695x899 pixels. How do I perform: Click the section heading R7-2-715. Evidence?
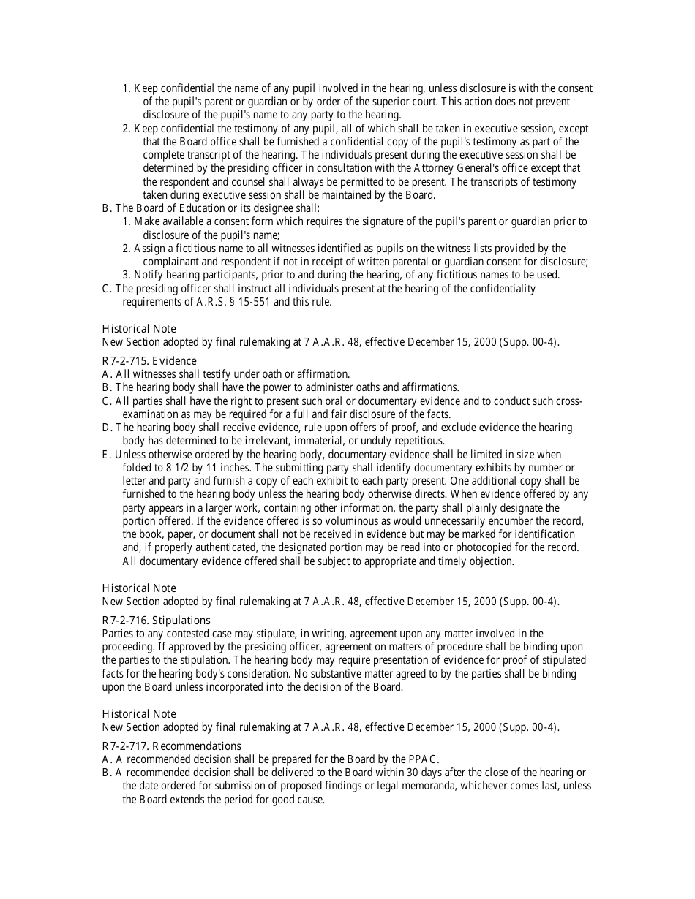coord(149,361)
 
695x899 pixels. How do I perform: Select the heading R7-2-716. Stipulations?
coord(156,621)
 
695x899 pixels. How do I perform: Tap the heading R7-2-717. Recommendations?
coord(171,746)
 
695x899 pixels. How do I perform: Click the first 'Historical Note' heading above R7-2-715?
coord(139,329)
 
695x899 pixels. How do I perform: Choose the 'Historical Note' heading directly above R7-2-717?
coord(139,714)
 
